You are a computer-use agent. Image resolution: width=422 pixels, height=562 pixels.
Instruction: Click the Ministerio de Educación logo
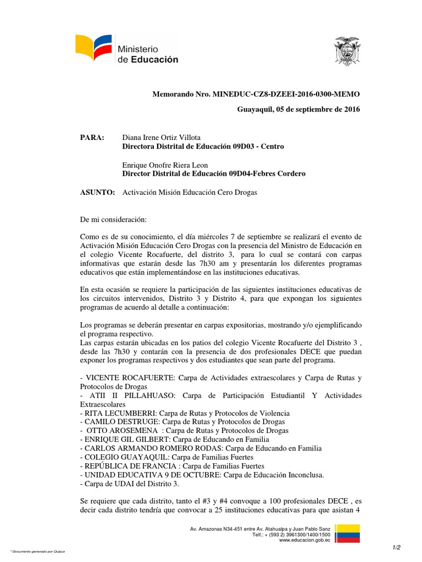(127, 50)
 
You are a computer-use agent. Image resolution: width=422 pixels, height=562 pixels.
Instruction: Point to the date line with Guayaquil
(298, 109)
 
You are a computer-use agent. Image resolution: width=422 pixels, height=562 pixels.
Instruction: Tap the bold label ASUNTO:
(97, 192)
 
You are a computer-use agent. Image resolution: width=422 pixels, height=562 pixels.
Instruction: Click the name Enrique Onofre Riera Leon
(165, 165)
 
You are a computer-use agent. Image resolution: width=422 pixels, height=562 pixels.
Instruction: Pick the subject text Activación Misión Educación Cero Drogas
(189, 192)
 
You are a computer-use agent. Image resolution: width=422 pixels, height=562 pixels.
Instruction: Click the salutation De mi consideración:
(113, 220)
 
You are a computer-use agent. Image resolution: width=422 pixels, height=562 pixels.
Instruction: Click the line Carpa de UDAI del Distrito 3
(129, 484)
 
